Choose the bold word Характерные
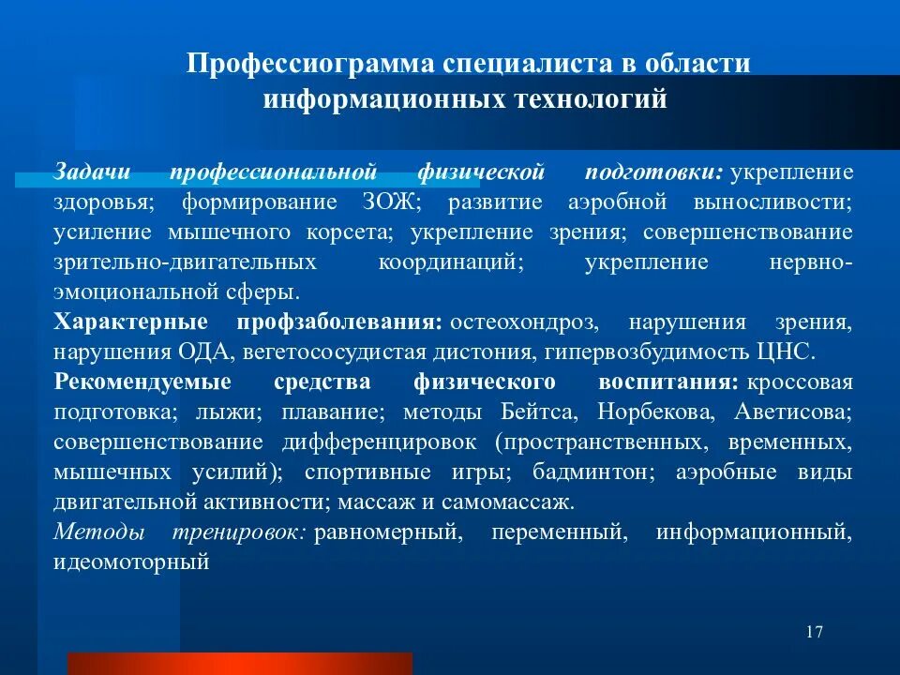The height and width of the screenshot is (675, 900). point(130,322)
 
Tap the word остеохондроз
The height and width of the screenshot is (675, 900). point(523,322)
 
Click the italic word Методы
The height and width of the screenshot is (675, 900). point(98,532)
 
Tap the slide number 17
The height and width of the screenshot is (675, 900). point(814,631)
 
